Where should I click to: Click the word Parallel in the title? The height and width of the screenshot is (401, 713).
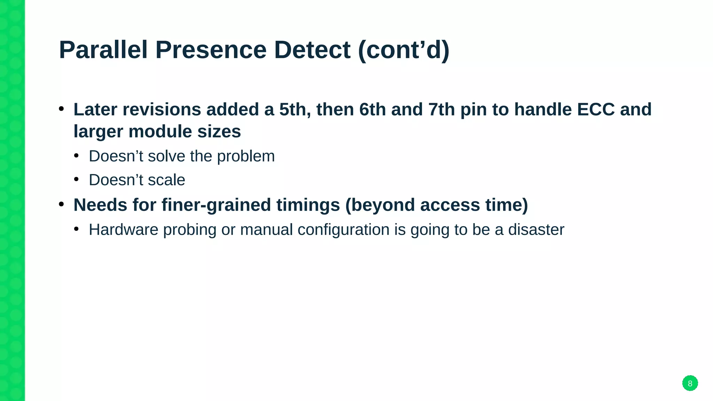point(103,50)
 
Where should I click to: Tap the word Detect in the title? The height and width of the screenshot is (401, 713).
point(312,50)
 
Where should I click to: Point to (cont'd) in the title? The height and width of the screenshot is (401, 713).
point(403,50)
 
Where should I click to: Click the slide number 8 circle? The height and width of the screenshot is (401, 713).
point(690,383)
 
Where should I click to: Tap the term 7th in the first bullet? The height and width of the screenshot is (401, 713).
point(441,109)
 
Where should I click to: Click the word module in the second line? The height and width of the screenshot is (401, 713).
point(160,132)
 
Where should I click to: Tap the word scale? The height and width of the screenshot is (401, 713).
point(166,180)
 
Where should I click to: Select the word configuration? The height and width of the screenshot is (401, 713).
point(343,230)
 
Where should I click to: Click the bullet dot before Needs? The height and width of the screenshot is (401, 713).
point(61,204)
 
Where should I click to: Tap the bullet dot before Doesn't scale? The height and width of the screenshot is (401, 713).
point(77,180)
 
